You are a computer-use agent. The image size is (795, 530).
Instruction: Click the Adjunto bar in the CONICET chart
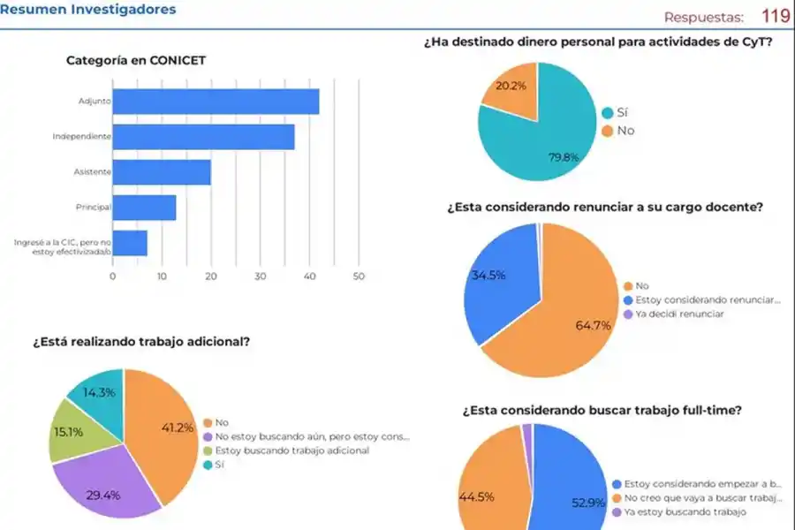[x=216, y=102]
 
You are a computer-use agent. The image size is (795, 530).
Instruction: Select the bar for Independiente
[x=204, y=137]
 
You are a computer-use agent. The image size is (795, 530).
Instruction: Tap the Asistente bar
[x=162, y=172]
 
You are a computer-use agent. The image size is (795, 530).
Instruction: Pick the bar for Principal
[x=144, y=208]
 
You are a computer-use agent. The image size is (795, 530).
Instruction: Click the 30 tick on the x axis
[x=260, y=276]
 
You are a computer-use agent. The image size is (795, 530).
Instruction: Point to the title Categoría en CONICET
[x=137, y=60]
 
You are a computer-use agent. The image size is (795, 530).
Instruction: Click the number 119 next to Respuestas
[x=775, y=16]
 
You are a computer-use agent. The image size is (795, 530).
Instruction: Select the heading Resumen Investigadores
[x=88, y=10]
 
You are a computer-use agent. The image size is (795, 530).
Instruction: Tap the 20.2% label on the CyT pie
[x=511, y=86]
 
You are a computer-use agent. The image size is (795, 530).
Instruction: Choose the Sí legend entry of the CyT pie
[x=622, y=113]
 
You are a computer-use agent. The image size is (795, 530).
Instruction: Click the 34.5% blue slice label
[x=488, y=275]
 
